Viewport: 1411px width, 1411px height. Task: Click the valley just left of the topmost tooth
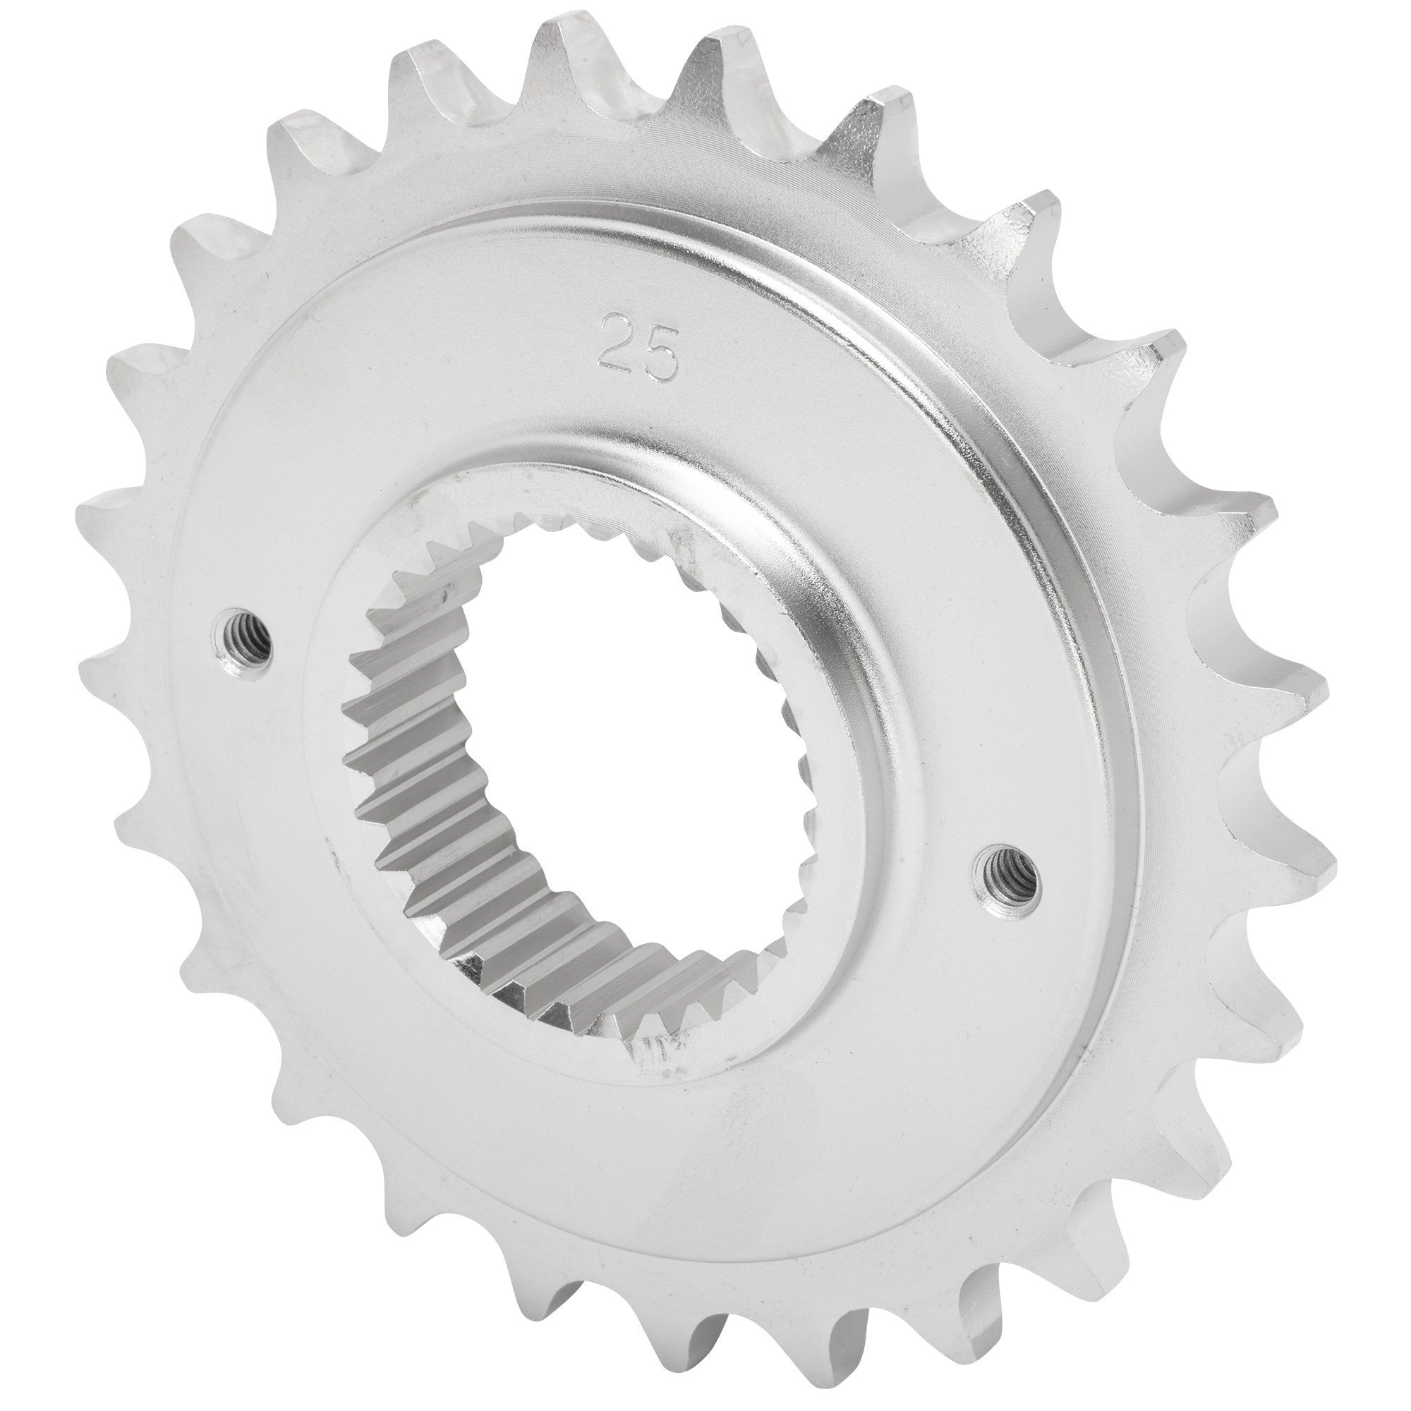point(504,109)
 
